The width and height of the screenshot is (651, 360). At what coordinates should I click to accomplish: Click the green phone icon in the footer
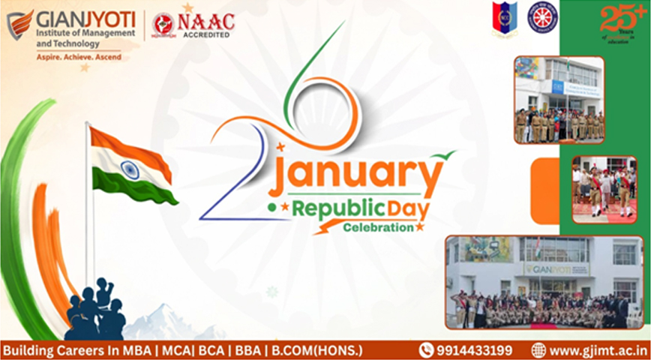426,350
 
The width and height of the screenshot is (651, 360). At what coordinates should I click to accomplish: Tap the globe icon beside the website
538,350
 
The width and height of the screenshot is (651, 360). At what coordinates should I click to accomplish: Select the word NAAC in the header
205,21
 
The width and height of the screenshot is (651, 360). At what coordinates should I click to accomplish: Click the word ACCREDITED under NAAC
205,34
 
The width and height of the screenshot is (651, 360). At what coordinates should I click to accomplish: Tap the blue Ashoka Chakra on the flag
130,169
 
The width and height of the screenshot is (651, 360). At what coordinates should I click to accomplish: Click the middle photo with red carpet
604,189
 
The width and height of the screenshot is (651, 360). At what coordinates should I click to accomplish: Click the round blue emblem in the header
542,17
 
